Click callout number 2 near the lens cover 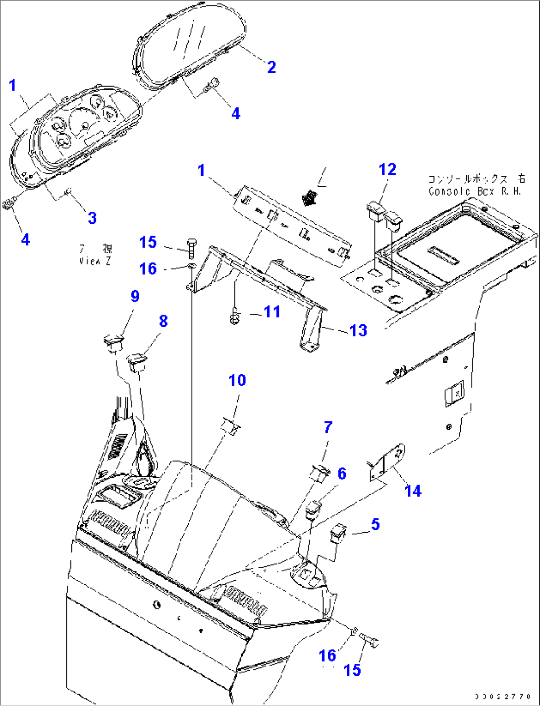(x=271, y=67)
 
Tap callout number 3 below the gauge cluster (x=92, y=218)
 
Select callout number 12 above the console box (x=387, y=170)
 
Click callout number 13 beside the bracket (x=358, y=330)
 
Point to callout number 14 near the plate (x=413, y=491)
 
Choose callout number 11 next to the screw (x=272, y=312)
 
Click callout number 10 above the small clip (x=237, y=380)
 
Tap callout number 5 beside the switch (x=375, y=524)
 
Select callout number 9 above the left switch (x=135, y=296)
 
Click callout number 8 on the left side (x=163, y=321)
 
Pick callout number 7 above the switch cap (x=328, y=427)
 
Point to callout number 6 (x=342, y=474)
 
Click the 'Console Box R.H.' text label (x=475, y=185)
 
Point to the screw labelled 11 (x=235, y=316)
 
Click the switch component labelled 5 (x=338, y=533)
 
